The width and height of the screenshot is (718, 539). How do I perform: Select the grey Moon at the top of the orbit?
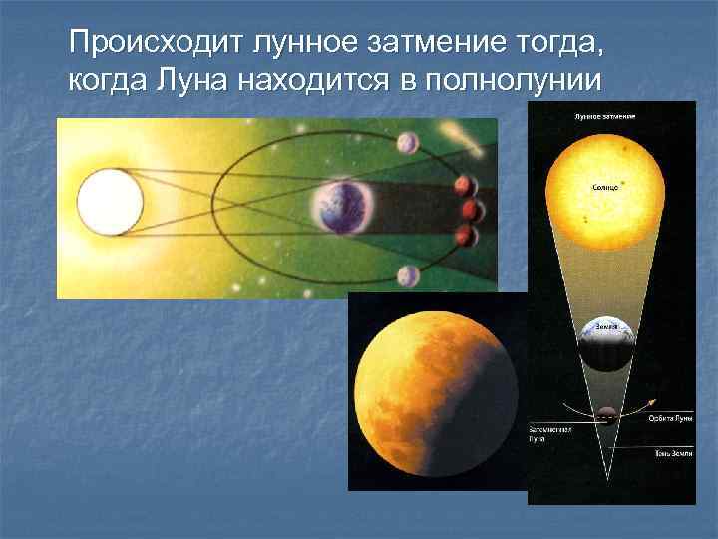(407, 144)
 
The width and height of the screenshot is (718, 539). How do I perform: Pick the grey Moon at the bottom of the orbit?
(407, 275)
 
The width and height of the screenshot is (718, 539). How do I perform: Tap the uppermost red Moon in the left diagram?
(463, 186)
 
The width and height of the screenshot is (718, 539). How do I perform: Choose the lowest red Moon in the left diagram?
(463, 236)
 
